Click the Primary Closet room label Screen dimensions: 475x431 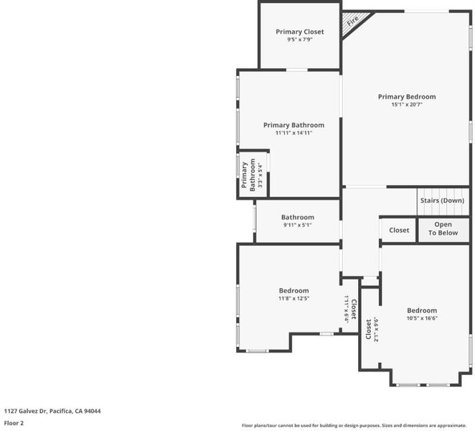click(300, 32)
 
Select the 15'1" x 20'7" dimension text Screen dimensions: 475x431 click(407, 105)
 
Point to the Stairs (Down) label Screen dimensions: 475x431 click(442, 200)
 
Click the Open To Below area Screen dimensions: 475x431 click(443, 230)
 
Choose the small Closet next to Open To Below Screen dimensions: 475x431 click(399, 230)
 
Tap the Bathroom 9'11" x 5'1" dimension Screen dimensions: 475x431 click(298, 225)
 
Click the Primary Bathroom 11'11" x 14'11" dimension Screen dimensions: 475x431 click(294, 133)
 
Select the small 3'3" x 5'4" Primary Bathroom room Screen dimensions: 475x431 click(253, 175)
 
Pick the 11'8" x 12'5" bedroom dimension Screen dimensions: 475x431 click(294, 298)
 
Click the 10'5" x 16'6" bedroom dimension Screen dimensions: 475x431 click(422, 318)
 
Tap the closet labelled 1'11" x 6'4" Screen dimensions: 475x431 click(350, 309)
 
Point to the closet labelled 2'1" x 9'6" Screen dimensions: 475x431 click(371, 330)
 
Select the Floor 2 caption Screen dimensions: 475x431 click(14, 423)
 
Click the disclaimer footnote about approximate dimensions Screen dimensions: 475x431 click(354, 425)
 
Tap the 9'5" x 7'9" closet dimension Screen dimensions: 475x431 click(300, 40)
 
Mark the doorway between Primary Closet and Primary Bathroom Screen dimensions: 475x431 click(297, 70)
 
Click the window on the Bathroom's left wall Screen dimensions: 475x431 click(255, 218)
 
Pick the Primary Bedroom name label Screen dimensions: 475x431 click(407, 97)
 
